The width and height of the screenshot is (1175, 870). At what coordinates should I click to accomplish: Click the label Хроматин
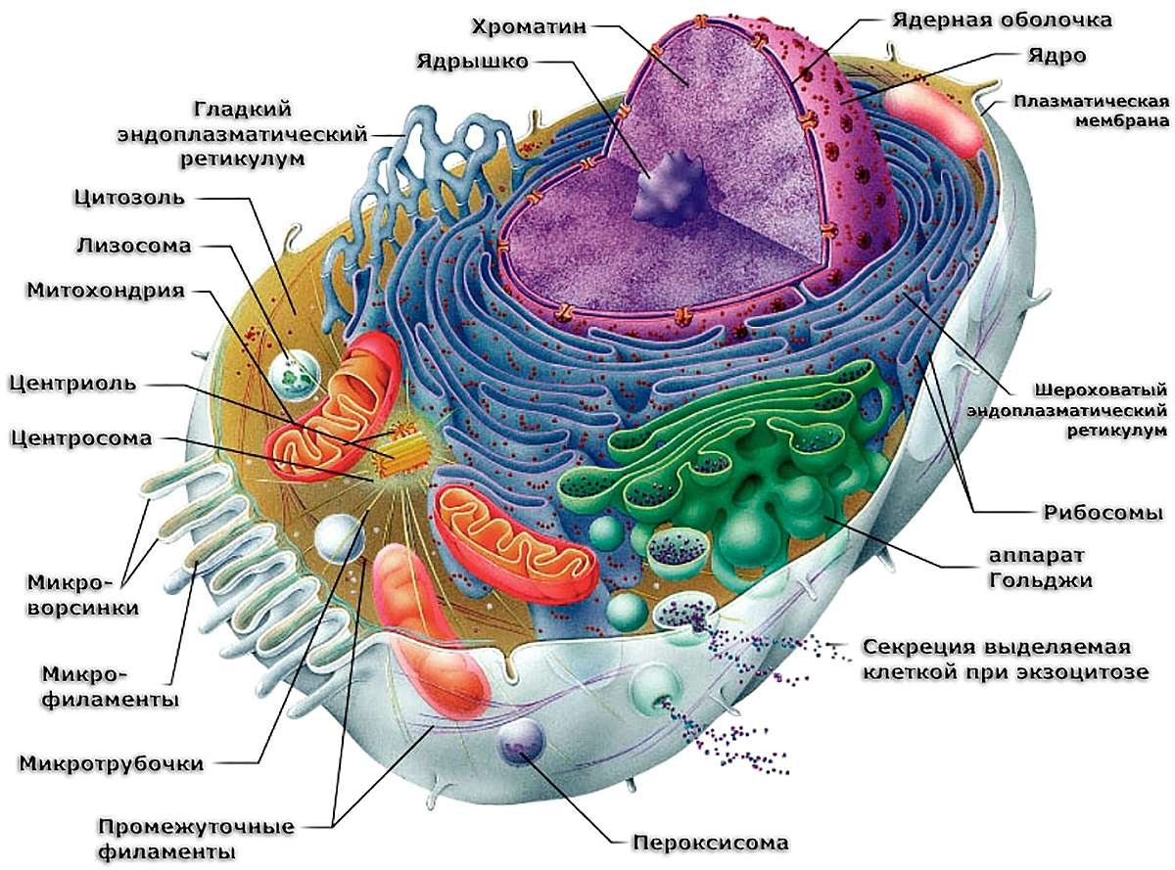coord(529,26)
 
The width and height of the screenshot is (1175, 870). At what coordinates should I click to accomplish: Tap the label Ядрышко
coord(472,62)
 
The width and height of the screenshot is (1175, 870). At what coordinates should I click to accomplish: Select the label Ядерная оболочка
coord(1002,21)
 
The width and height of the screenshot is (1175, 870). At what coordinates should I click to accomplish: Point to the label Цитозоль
coord(129,198)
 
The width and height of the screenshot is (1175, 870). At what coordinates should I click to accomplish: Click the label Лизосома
coord(133,246)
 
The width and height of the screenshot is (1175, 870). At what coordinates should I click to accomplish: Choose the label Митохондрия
coord(106,291)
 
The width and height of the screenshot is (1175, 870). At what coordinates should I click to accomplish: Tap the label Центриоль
coord(72,383)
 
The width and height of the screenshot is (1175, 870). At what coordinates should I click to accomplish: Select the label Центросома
coord(81,437)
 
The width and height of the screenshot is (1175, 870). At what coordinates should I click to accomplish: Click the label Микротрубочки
coord(112,763)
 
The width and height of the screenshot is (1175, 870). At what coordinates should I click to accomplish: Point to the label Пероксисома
coord(711,842)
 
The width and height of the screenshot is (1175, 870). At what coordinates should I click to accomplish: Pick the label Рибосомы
coord(1103,512)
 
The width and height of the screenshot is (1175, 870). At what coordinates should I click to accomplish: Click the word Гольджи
coord(1041,581)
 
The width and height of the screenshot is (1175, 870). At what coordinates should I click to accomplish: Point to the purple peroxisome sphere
coord(521,743)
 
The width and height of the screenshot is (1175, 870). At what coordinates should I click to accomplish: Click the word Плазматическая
coord(1092,101)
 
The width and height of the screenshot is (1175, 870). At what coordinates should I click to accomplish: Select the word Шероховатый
coord(1101,390)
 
